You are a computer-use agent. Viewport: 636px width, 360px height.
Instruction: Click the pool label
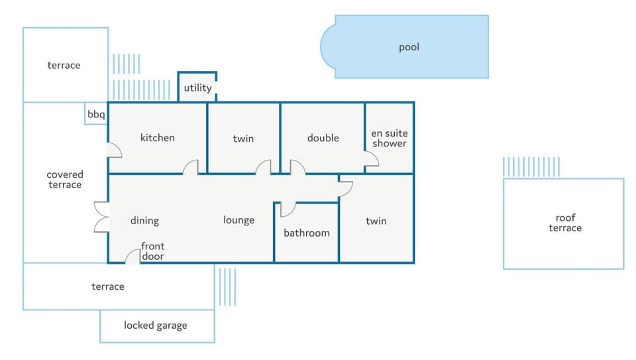coord(409,48)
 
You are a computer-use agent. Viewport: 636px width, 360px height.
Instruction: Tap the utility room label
coord(197,88)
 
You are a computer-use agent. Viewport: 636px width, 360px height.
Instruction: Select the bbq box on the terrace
coord(95,113)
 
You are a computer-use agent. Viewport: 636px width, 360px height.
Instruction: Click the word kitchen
coord(158,138)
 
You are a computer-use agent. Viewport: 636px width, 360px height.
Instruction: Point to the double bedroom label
coord(323,138)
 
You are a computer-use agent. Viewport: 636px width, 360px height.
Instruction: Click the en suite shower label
coord(390,139)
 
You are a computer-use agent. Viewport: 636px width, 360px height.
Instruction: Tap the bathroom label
coord(307,233)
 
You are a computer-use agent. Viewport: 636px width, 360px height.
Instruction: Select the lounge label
coord(238,220)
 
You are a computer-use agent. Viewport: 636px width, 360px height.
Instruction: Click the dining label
coord(144,221)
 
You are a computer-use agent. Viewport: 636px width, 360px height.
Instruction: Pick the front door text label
coord(153,251)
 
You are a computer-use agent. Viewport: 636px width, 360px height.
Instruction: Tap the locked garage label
coord(155,326)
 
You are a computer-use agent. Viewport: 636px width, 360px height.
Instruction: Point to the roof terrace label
coord(565,223)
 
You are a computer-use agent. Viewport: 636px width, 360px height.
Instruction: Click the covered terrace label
coord(65,180)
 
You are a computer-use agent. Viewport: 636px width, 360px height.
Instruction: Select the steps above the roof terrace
coord(531,167)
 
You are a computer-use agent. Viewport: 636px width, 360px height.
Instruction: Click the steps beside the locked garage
coord(227,286)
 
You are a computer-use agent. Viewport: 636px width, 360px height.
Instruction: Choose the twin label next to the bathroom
coord(376,221)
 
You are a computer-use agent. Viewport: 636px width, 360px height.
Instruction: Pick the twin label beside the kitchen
coord(243,139)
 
